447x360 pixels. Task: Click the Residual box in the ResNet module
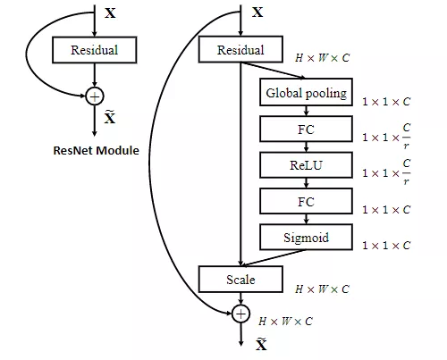tap(95, 50)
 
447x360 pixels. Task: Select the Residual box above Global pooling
tap(240, 50)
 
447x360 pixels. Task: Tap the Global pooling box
tap(306, 93)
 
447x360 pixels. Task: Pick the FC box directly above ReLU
tap(306, 130)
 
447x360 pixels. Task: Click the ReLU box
tap(306, 165)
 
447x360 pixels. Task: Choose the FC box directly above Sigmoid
tap(306, 202)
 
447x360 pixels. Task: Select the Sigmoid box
tap(306, 237)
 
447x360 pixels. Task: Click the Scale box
tap(240, 280)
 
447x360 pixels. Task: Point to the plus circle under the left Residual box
tap(95, 96)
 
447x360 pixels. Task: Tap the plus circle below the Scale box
tap(240, 313)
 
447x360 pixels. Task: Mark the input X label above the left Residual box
tap(110, 14)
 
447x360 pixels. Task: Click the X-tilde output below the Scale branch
tap(261, 344)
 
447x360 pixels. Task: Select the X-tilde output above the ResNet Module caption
tap(110, 117)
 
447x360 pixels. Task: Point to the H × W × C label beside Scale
tap(322, 289)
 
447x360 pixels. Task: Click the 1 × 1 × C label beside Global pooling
tap(386, 102)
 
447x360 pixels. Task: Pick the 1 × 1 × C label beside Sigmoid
tap(386, 245)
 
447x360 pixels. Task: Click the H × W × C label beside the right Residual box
tap(322, 57)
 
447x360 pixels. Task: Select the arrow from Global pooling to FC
tap(306, 111)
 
